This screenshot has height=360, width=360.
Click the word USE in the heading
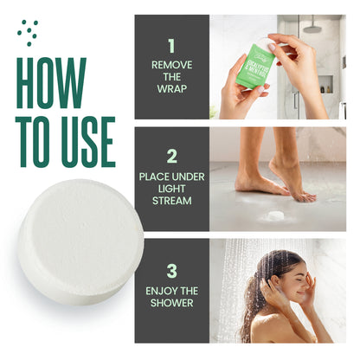click(x=83, y=138)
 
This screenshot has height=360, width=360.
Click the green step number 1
click(x=171, y=46)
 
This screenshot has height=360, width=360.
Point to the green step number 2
click(x=171, y=157)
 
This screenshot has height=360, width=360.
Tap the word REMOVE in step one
click(x=171, y=64)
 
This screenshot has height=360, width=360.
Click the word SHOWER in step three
click(x=171, y=302)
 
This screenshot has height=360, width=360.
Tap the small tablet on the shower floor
click(x=276, y=214)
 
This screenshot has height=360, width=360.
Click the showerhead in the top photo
click(x=312, y=25)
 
